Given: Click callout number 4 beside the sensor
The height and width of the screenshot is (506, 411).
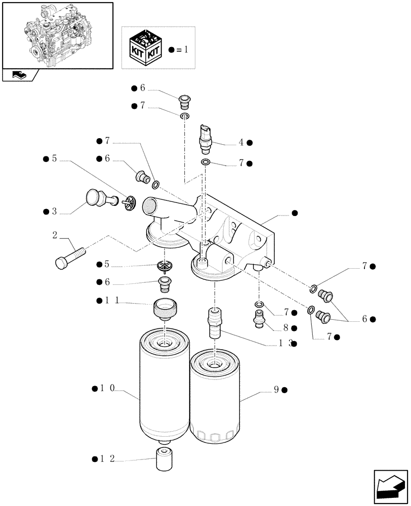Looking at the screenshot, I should [x=241, y=143].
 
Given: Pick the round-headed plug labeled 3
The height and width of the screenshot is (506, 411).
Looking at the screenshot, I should [x=96, y=198].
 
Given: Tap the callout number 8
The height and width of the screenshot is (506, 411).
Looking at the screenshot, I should [x=285, y=328].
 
